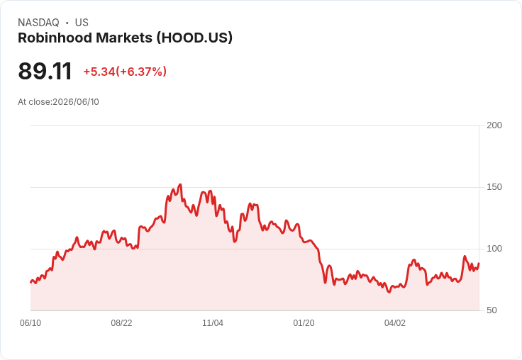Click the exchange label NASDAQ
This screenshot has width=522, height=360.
point(38,23)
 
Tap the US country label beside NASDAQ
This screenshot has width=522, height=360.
point(82,23)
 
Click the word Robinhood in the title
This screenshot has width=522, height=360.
point(55,38)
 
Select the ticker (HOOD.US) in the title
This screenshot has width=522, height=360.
point(194,38)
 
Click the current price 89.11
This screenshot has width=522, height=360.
point(45,71)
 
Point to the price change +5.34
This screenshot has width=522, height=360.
point(99,72)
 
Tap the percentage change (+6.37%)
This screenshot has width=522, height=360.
point(141,72)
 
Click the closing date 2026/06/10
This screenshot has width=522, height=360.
point(76,102)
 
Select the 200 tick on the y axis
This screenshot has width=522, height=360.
point(494,125)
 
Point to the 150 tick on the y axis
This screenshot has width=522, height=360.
point(494,187)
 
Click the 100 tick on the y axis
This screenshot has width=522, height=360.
point(494,249)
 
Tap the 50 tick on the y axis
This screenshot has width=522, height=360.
point(492,310)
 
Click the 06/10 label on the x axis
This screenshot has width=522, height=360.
point(30,323)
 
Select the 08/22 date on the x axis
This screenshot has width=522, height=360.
point(121,323)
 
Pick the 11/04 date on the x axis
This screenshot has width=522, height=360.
point(213,323)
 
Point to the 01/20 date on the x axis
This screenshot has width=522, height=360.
point(304,323)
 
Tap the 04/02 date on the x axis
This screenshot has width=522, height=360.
point(395,323)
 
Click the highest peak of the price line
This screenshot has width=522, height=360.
point(180,184)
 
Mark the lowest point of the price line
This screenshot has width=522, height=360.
point(389,292)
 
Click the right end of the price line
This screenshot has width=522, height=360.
point(479,264)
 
